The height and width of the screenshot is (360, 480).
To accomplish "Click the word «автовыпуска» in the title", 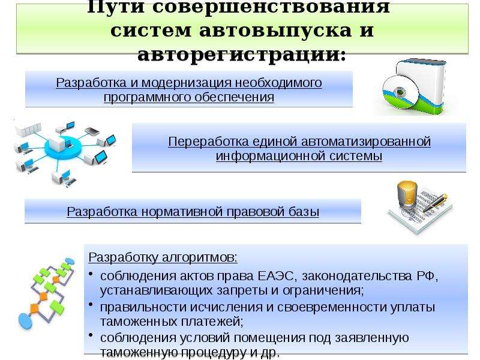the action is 275,31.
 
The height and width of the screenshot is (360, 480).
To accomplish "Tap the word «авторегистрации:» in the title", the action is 242,55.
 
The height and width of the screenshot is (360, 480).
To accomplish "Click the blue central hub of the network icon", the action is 64,148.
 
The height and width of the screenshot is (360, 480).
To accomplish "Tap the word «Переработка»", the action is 209,142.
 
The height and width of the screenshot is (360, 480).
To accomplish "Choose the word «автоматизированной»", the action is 366,142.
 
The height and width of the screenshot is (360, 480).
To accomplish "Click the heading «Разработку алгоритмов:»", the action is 163,258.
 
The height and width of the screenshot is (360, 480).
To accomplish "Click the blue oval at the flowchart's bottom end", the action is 26,320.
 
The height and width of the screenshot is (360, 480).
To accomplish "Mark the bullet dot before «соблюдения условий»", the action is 91,335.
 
